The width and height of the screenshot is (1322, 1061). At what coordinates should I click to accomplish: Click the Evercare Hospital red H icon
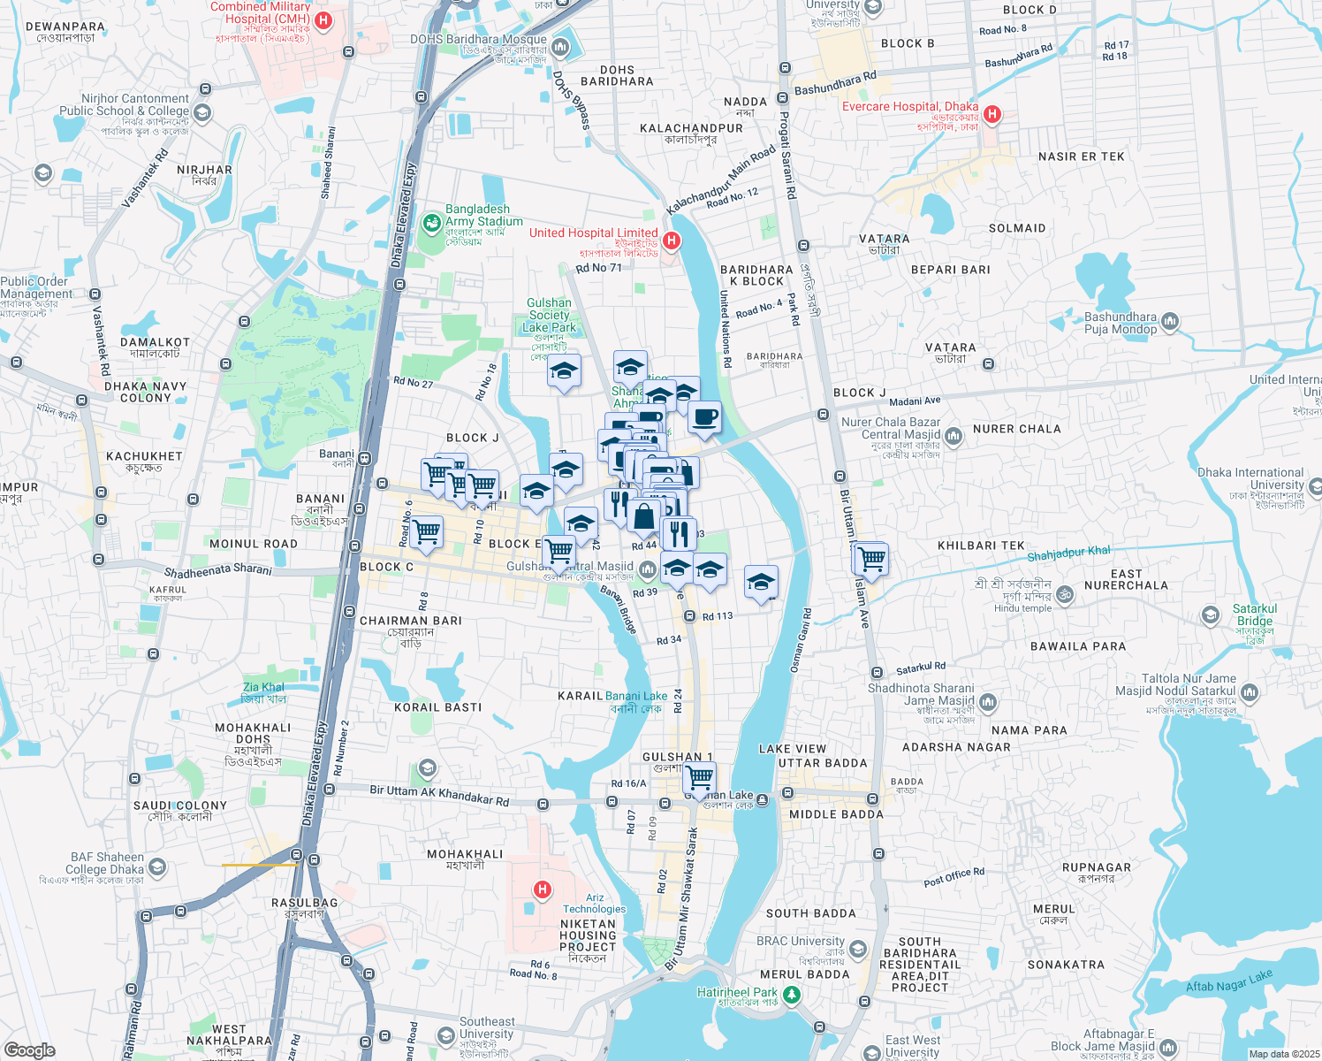coord(991,114)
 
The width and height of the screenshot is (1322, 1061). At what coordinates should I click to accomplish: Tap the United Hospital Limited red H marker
coord(672,240)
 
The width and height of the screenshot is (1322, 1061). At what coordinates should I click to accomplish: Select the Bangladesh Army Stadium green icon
coord(431,223)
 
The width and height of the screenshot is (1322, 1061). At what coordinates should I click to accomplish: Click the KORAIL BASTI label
coord(438,707)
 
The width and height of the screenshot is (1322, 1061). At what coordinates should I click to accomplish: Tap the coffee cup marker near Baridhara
coord(704,417)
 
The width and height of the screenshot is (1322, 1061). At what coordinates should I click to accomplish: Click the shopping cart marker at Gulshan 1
coord(699,778)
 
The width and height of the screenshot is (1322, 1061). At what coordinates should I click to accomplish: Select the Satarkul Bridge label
coord(1255,614)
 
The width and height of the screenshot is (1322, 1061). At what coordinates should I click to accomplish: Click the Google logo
coord(29,1050)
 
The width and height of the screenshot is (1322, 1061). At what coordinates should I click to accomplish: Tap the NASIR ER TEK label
coord(1082,156)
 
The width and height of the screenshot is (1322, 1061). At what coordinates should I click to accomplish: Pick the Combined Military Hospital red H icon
coord(323,20)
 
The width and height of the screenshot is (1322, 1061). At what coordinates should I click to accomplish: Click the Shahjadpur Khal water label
coord(1068,553)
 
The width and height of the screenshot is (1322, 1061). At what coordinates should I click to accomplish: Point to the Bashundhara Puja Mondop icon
coord(1170,321)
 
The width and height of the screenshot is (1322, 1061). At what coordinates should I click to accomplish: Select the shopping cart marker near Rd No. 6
coord(426,532)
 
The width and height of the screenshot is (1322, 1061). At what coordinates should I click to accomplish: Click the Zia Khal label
coord(263,687)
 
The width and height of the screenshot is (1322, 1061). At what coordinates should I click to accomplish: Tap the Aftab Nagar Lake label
coord(1229,981)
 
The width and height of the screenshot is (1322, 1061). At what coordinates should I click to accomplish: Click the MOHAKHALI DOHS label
coord(253,734)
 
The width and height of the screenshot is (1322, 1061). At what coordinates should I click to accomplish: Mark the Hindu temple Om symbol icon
coord(1065,595)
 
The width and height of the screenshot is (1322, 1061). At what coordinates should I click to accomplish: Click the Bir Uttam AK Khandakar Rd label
coord(439,795)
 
